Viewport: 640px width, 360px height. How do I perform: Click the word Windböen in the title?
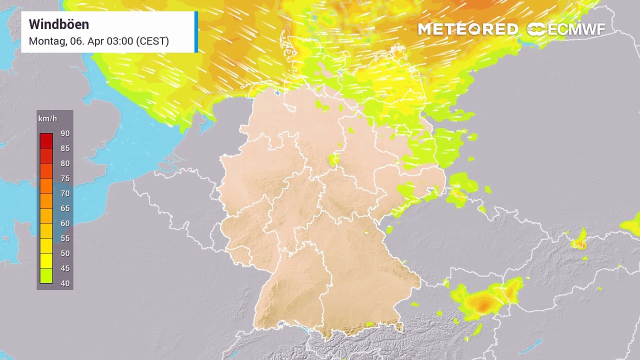(59, 24)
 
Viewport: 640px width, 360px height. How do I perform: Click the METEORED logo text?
(467, 29)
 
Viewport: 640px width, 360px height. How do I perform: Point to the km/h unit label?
(47, 119)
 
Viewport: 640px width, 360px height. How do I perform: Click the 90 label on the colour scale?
(65, 133)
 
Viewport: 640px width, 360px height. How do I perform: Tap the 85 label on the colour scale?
(65, 148)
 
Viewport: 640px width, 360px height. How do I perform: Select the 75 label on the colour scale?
(65, 178)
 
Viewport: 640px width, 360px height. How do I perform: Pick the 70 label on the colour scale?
(65, 193)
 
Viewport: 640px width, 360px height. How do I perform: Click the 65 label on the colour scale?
(65, 208)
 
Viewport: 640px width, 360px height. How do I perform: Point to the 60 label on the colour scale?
(65, 223)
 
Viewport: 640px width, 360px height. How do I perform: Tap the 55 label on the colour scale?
(65, 238)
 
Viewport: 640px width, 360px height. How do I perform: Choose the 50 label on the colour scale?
(65, 253)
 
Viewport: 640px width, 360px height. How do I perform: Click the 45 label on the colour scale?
(65, 268)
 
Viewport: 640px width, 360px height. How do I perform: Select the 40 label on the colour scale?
(65, 283)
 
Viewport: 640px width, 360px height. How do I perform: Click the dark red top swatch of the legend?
(46, 140)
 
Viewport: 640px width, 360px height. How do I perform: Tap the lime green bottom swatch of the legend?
(46, 276)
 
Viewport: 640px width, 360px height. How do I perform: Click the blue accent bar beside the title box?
(196, 31)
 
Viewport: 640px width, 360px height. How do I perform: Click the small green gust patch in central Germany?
(333, 159)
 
